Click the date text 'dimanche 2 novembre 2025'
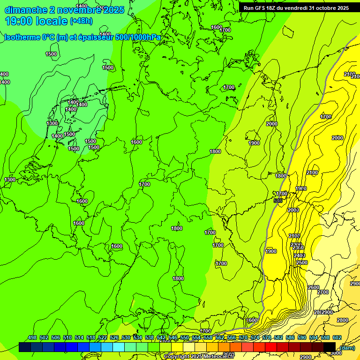(x=64, y=10)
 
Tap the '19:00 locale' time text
(x=37, y=21)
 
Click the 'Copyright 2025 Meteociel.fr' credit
(x=199, y=357)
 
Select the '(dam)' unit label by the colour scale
(x=347, y=347)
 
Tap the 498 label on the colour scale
(x=32, y=338)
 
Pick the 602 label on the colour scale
(x=337, y=338)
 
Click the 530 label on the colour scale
(x=126, y=338)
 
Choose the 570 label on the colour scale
(x=243, y=338)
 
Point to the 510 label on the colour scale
(x=67, y=338)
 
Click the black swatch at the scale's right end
(x=330, y=347)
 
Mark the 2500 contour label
(x=302, y=263)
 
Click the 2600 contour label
(x=313, y=287)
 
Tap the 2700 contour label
(x=323, y=292)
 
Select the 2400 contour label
(x=299, y=255)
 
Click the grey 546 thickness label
(x=278, y=201)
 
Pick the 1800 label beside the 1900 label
(x=280, y=176)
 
